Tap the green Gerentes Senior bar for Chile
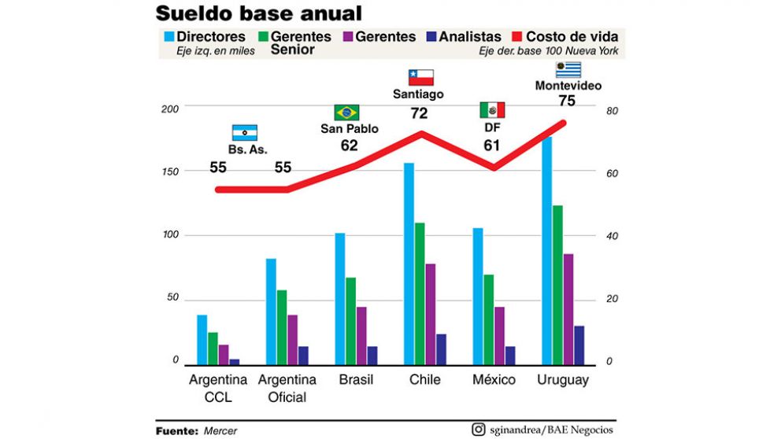click(x=420, y=293)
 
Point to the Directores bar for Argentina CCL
click(x=202, y=339)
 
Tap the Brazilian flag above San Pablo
click(x=346, y=112)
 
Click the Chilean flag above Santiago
click(x=420, y=77)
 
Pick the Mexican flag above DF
click(x=492, y=110)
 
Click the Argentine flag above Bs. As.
click(x=244, y=132)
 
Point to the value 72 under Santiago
click(x=419, y=113)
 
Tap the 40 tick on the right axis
click(x=612, y=237)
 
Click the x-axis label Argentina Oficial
click(x=287, y=389)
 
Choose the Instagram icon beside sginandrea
click(x=478, y=430)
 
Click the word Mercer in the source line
click(x=220, y=431)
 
